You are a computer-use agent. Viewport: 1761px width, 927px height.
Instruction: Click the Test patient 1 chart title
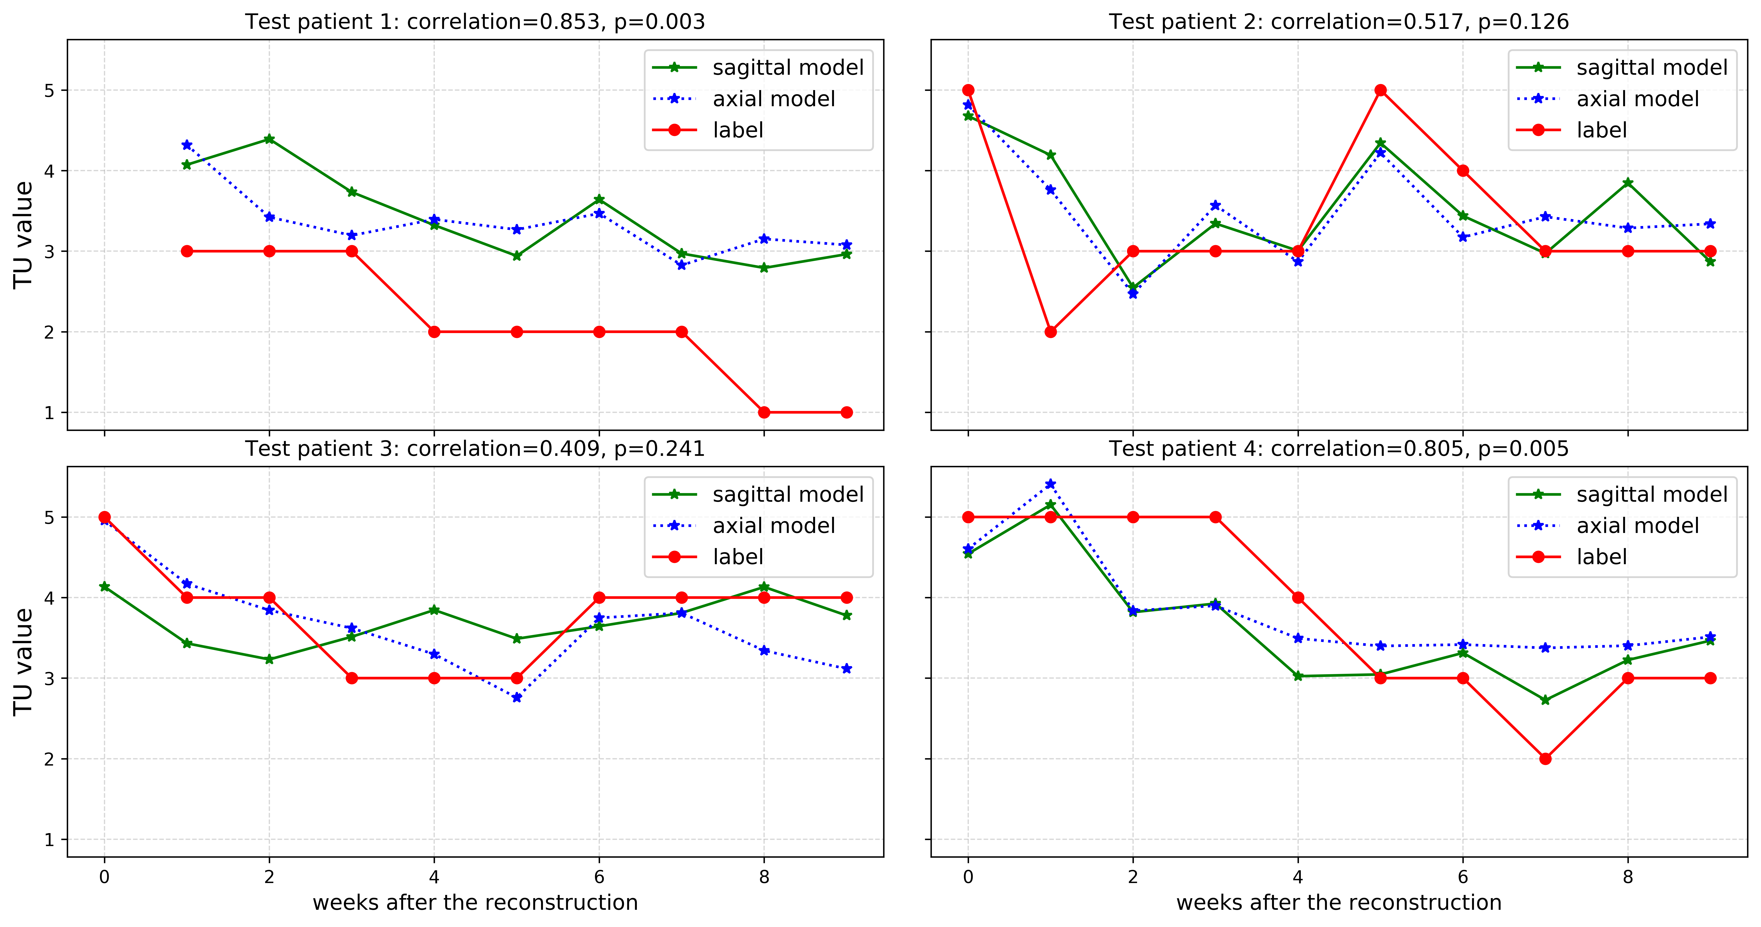pos(475,22)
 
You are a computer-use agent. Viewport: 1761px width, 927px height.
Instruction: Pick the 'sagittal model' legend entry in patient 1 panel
pos(788,68)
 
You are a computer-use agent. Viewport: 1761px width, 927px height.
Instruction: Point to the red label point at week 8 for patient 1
pos(764,412)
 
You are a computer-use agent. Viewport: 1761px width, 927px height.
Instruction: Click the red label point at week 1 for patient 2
pos(1051,332)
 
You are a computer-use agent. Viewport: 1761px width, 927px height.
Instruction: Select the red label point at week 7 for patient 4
pos(1545,759)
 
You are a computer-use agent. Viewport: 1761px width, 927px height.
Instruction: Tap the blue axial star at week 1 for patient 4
pos(1051,484)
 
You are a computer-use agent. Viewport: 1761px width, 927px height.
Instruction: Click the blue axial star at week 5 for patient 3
pos(517,697)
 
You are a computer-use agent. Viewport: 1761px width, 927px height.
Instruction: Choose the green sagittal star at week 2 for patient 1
pos(269,139)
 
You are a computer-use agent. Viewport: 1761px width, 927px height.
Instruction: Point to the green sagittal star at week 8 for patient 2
pos(1628,182)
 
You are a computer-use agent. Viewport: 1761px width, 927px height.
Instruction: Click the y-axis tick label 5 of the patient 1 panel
pos(49,90)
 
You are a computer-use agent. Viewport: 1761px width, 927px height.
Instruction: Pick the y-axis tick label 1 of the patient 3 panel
pos(49,839)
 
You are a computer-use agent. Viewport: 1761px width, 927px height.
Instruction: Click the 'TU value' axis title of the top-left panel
pos(23,235)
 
